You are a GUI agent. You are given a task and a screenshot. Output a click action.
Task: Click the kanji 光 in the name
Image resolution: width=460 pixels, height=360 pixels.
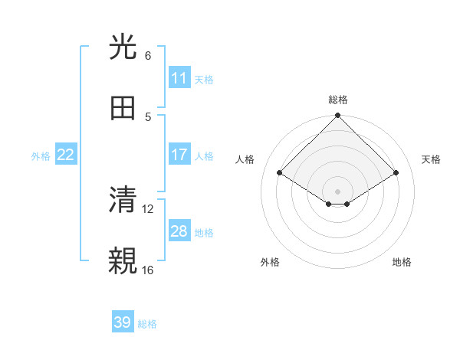123,47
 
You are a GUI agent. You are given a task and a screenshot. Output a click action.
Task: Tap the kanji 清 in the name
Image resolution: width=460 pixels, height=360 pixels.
123,200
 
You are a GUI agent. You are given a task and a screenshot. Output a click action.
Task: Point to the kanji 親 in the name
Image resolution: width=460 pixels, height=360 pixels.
123,260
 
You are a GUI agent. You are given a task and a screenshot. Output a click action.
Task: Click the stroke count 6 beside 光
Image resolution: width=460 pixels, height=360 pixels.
148,56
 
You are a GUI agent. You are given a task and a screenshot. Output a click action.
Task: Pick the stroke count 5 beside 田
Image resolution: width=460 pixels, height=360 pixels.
148,116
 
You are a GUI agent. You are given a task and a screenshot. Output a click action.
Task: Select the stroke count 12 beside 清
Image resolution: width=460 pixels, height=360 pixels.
149,208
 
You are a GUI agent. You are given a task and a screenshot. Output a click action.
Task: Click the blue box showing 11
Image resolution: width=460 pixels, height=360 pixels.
179,78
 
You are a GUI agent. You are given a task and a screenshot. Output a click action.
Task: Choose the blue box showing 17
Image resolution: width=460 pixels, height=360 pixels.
179,155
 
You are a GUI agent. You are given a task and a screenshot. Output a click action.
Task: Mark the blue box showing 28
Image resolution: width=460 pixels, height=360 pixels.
179,231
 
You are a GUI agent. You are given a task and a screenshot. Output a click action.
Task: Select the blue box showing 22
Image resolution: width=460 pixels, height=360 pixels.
66,155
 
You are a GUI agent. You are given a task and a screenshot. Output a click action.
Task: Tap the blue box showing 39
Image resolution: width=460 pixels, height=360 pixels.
123,322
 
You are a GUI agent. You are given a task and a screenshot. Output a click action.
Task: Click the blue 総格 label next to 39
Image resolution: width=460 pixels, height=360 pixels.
148,324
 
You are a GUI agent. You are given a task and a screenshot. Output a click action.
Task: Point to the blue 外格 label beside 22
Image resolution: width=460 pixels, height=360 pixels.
41,156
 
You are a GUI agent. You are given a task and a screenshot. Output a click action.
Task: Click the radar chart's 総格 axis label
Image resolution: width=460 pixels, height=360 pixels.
338,100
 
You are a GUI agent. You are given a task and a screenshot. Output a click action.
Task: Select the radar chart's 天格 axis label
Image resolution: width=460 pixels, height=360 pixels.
432,159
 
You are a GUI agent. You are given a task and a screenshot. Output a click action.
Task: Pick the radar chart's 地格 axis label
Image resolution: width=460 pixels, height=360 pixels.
402,262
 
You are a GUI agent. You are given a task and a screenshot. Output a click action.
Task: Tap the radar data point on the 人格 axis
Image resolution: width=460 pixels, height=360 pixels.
280,173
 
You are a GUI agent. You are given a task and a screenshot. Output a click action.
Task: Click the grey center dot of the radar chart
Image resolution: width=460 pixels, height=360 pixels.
338,191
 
